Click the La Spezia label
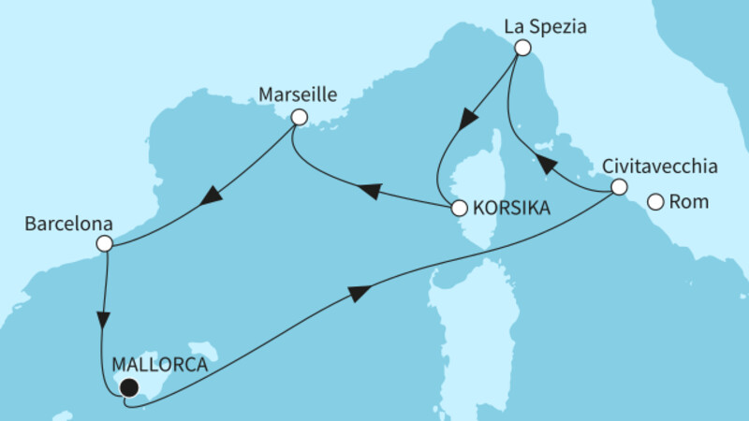tap(546, 27)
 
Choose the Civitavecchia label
tap(661, 167)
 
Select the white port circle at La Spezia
tap(522, 48)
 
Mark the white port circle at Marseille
tap(299, 117)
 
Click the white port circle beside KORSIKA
tap(459, 210)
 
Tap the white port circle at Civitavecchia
tap(619, 187)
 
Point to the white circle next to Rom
tap(656, 201)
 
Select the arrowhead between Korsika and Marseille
tap(371, 191)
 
